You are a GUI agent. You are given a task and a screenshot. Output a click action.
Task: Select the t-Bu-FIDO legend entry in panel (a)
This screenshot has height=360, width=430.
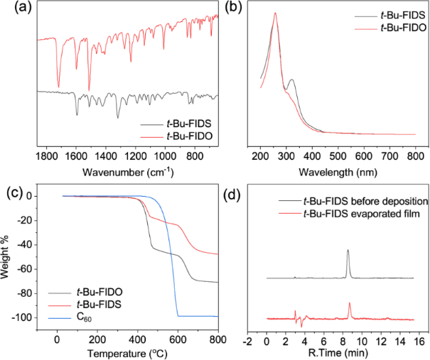tap(188, 135)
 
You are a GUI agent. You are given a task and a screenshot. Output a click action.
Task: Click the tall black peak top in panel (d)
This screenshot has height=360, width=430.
tap(348, 250)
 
